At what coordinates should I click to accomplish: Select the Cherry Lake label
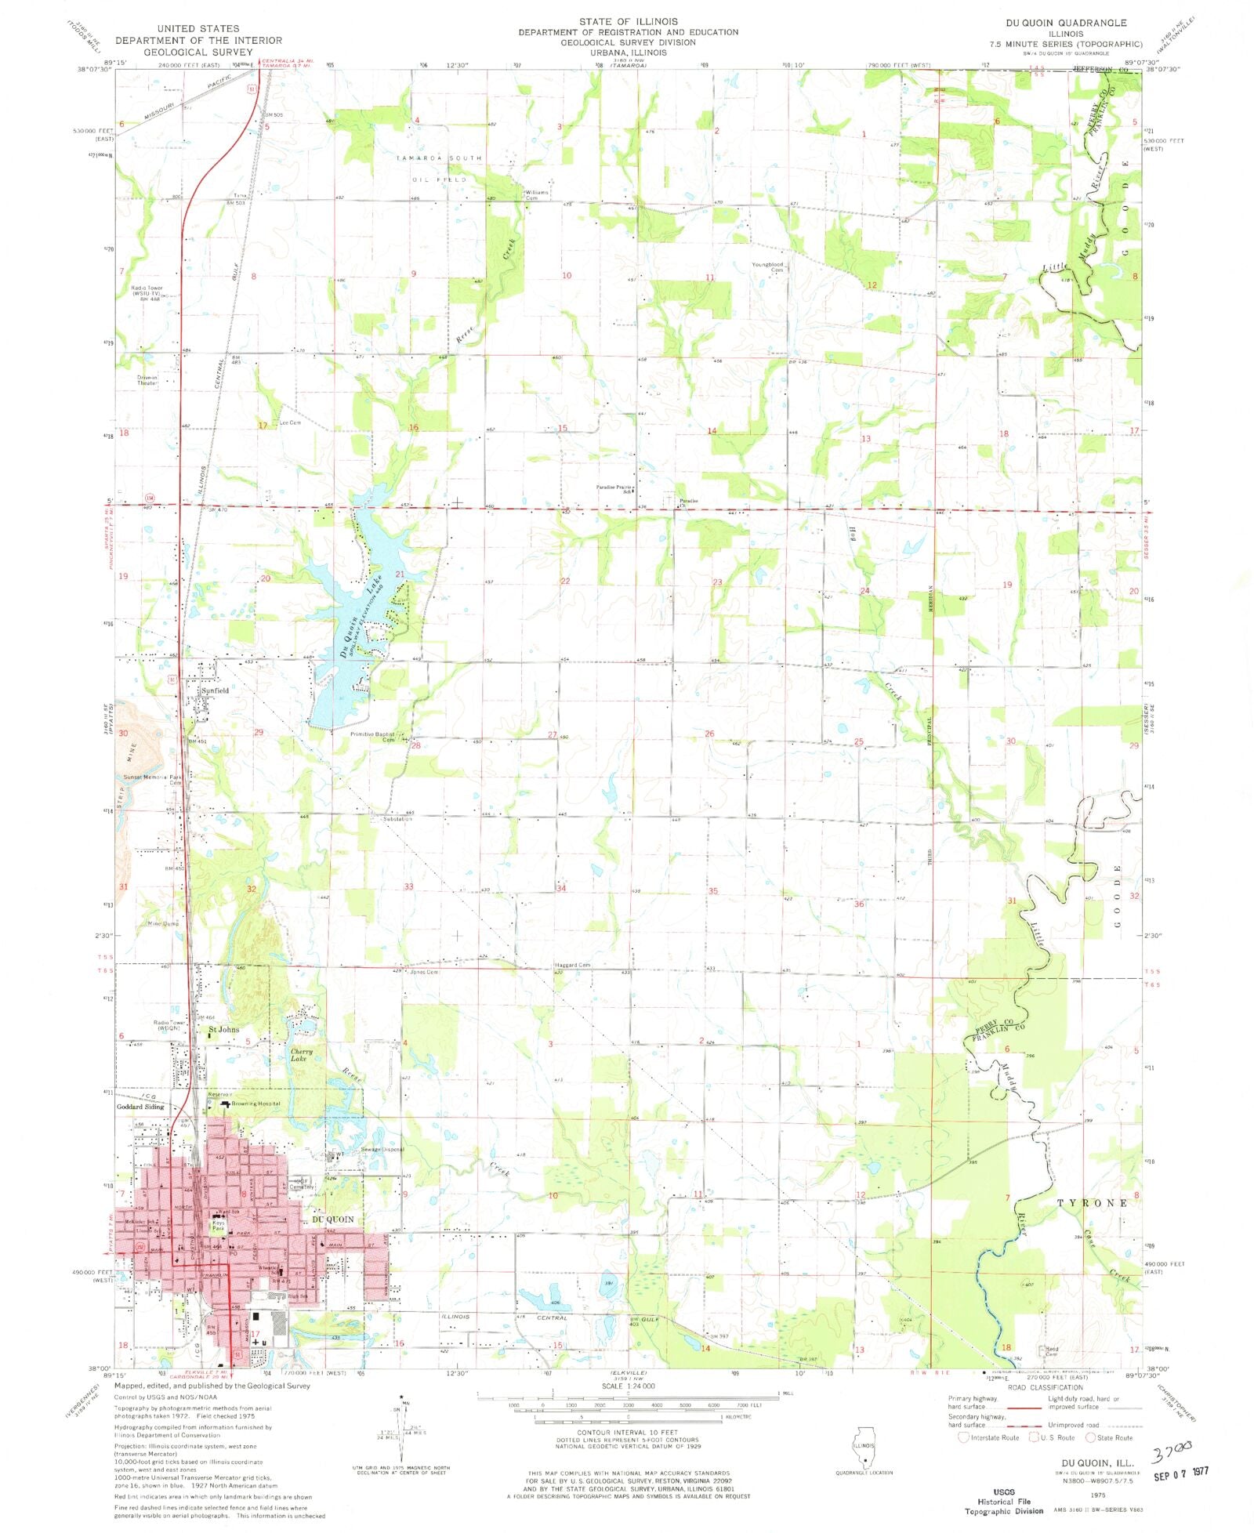(x=302, y=1055)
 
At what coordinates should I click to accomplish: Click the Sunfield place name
(x=215, y=690)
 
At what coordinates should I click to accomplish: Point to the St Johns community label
(x=223, y=1029)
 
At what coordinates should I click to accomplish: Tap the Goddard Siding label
(x=140, y=1107)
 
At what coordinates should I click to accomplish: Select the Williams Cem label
(x=536, y=194)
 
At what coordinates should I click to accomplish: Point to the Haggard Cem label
(x=572, y=965)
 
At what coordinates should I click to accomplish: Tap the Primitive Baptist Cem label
(x=373, y=737)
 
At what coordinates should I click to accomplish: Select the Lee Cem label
(x=290, y=422)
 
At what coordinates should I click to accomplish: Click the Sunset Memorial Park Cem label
(x=154, y=779)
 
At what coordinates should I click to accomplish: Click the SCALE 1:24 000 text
(x=624, y=1386)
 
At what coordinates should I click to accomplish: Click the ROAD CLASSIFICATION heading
(x=1045, y=1387)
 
